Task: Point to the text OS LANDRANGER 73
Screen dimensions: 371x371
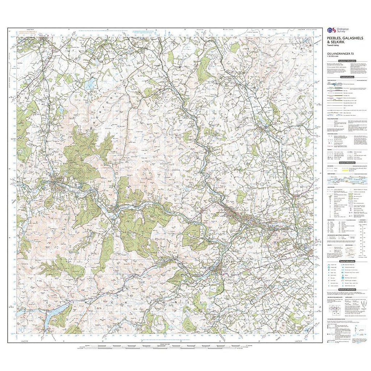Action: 338,53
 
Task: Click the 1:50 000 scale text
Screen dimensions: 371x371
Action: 334,56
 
